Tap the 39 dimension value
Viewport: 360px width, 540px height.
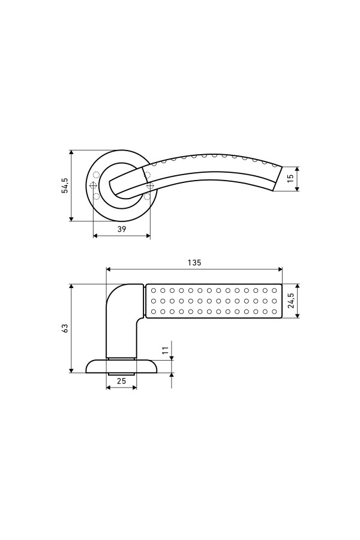[122, 229]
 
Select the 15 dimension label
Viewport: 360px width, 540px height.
[290, 178]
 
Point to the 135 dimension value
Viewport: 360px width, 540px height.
[194, 262]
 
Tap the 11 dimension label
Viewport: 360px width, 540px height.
[166, 350]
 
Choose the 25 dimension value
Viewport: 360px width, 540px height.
[121, 381]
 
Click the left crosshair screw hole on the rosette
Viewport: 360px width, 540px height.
[93, 185]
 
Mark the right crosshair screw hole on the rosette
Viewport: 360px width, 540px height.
[149, 185]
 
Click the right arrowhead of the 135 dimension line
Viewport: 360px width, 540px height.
[280, 269]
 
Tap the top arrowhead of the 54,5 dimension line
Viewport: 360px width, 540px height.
[71, 153]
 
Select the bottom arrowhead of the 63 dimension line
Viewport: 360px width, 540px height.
[71, 370]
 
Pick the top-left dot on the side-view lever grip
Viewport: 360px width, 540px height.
[154, 290]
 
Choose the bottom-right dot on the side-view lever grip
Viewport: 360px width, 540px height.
[274, 311]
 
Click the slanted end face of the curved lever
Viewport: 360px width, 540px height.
[277, 178]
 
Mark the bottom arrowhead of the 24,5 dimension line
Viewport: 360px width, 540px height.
[298, 315]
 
